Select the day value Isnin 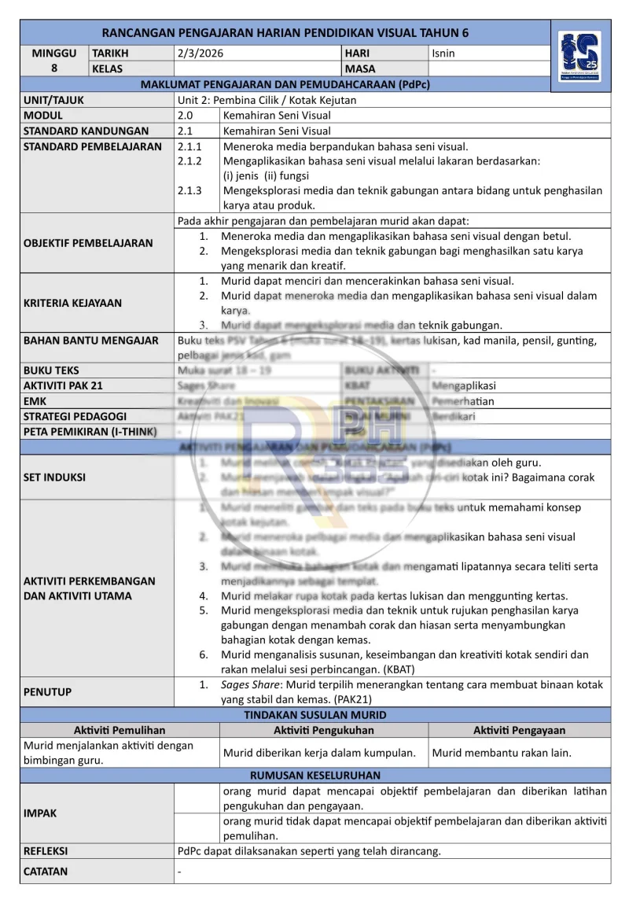(x=443, y=53)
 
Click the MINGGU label (x=54, y=53)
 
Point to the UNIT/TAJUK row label (x=53, y=101)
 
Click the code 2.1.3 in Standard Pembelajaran (x=189, y=190)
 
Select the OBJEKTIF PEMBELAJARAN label (x=88, y=243)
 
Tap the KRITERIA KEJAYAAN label (x=72, y=303)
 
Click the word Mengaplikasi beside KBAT (x=468, y=385)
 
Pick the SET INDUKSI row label (x=54, y=477)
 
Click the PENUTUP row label (x=47, y=692)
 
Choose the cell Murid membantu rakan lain (x=501, y=753)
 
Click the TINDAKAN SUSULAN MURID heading (x=314, y=715)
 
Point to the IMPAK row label (x=40, y=813)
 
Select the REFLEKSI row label (x=46, y=850)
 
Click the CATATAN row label (x=46, y=872)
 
